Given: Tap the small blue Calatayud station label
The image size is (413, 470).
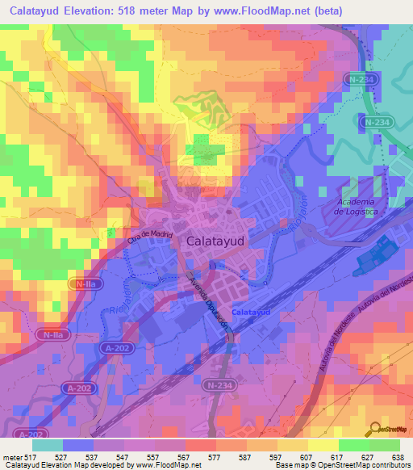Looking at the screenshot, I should pos(250,312).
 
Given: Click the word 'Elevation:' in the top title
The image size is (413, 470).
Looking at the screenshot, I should pos(84,11).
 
